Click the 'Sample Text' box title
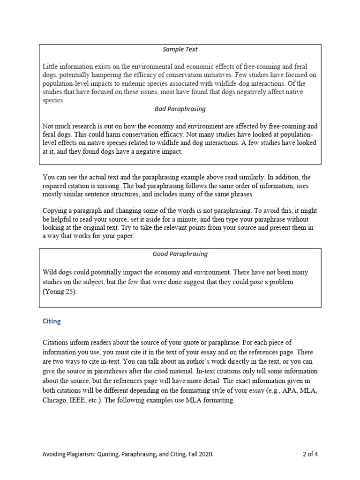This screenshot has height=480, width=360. coord(180,49)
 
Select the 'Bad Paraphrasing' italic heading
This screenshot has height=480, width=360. coord(180,109)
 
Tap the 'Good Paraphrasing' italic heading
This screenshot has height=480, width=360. coord(180,254)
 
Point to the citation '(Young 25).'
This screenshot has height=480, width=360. coord(59,292)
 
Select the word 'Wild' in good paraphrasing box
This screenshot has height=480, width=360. coord(50,272)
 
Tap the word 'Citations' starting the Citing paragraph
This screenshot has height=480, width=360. coord(56,343)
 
